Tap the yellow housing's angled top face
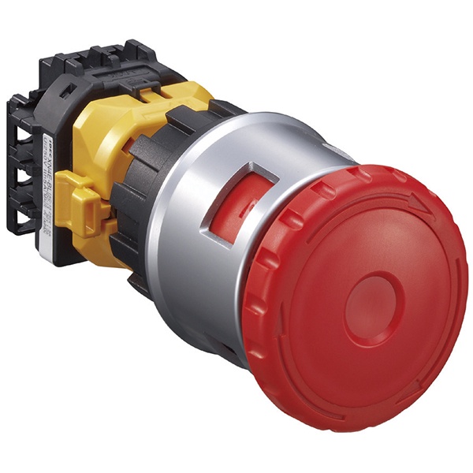110,126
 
